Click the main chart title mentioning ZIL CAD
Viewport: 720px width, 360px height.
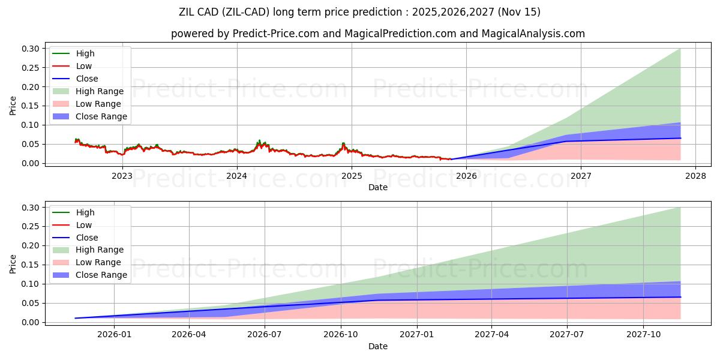(360, 12)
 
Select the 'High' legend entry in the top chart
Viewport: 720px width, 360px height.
(85, 53)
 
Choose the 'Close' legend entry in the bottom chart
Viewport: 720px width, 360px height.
(87, 238)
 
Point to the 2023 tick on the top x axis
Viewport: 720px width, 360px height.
(122, 175)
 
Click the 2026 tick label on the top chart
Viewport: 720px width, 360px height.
(466, 175)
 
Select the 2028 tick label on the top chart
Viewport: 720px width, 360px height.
(695, 175)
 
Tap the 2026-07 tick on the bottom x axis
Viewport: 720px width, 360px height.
(265, 334)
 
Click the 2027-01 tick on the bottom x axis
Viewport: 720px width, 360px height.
(416, 334)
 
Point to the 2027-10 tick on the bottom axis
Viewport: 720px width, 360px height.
(644, 334)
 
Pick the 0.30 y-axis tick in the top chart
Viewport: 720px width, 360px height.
(34, 49)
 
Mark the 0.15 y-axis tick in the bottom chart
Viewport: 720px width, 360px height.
(34, 265)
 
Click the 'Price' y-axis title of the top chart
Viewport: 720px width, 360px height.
(13, 106)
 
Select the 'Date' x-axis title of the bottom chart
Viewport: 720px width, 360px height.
(378, 346)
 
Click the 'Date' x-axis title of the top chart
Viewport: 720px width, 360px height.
(378, 187)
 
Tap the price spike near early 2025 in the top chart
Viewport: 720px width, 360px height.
(343, 144)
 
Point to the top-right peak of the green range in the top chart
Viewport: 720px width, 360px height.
(680, 49)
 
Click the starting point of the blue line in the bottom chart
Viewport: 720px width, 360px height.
(76, 318)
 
